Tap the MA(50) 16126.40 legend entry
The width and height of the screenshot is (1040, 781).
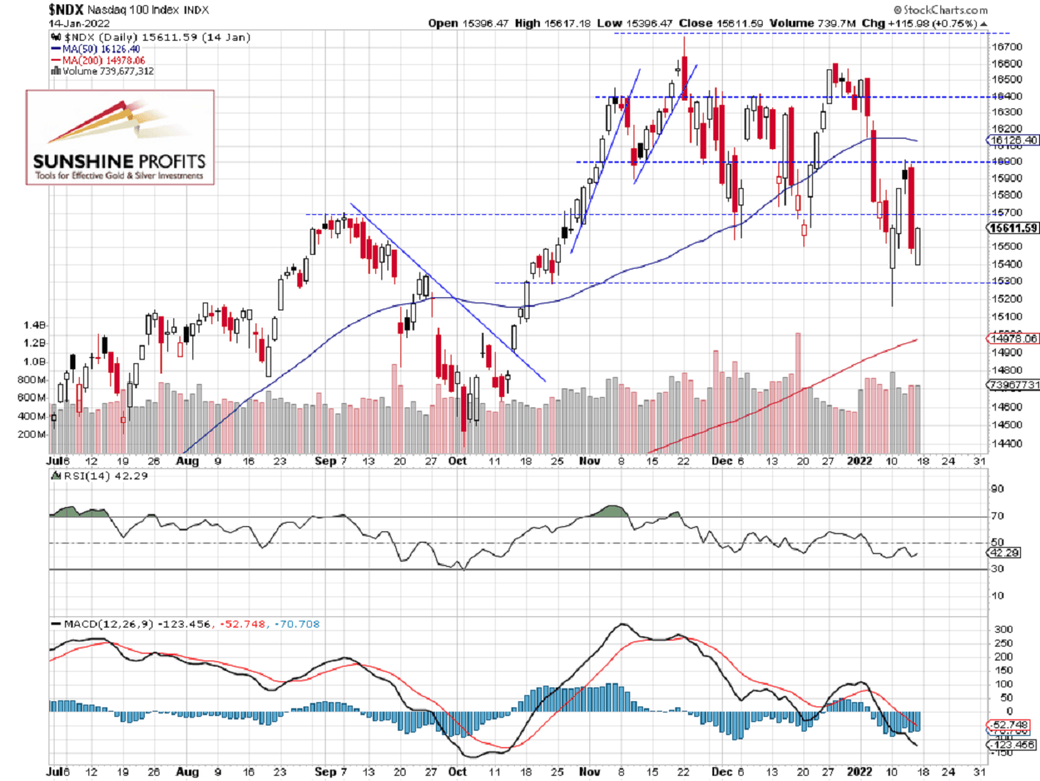97,49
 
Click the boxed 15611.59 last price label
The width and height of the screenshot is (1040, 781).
1013,229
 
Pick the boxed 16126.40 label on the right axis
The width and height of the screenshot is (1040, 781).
1013,140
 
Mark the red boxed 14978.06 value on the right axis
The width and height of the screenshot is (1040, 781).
1013,339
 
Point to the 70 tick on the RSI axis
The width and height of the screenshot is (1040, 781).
997,517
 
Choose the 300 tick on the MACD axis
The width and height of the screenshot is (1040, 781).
1001,628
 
